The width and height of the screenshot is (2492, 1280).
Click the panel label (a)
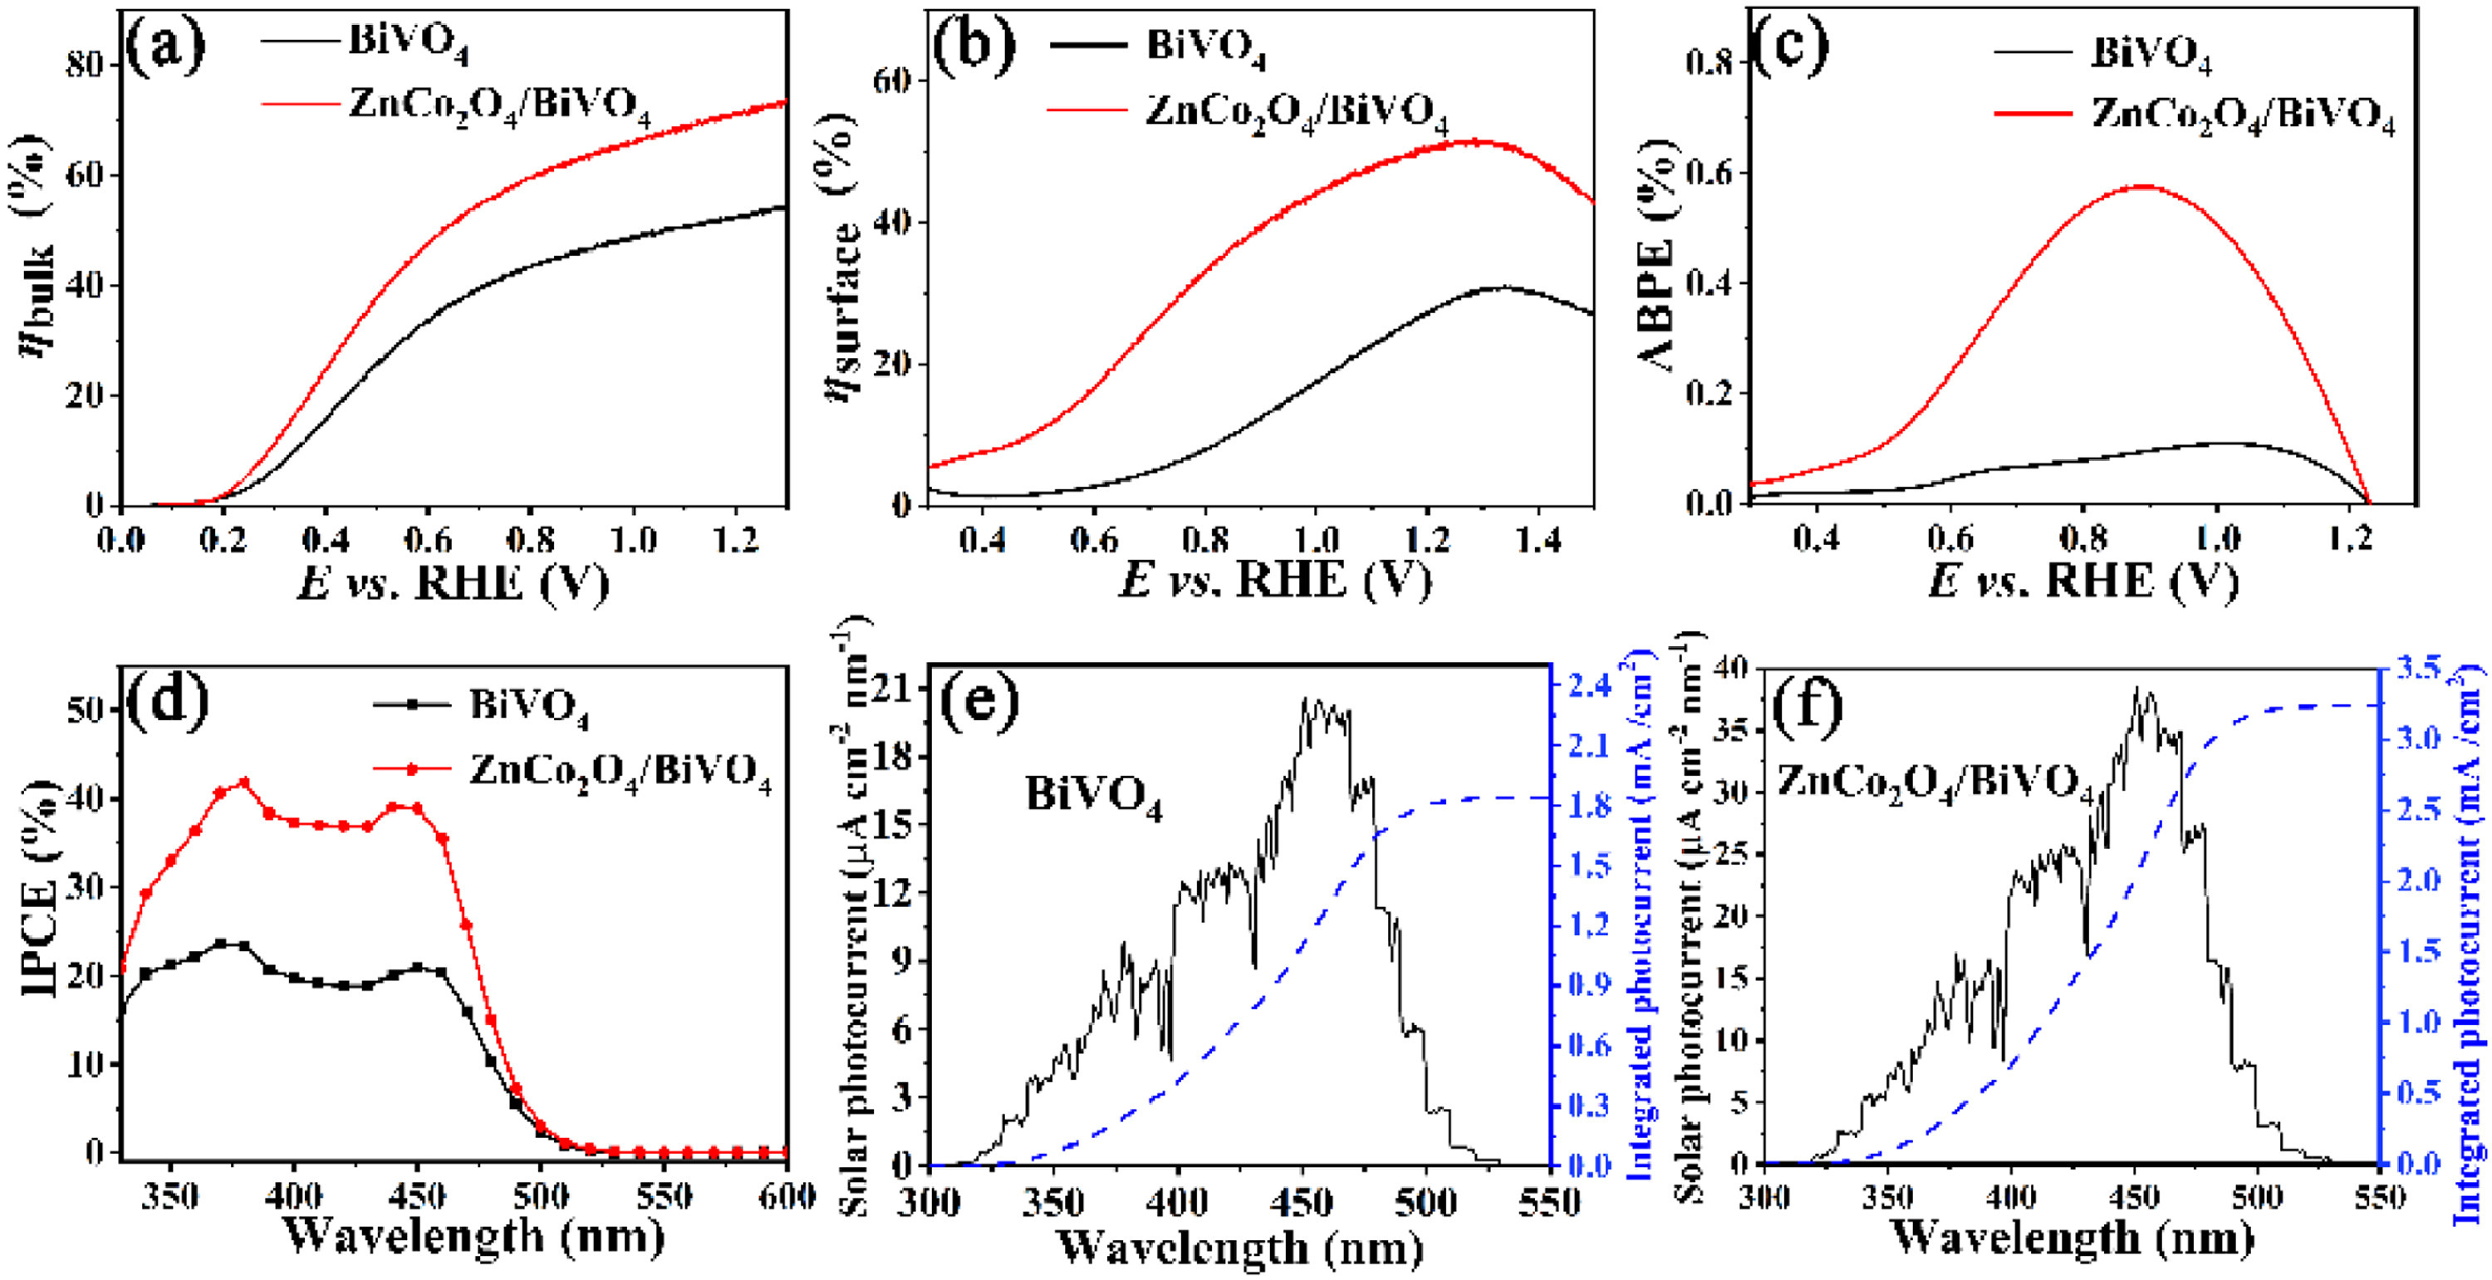165,47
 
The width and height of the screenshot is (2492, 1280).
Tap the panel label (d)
167,699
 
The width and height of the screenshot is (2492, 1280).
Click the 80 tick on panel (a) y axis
87,64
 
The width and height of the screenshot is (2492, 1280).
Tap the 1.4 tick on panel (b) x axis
1538,540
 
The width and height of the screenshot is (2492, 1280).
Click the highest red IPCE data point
243,782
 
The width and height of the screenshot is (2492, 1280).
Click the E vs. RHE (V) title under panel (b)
1274,581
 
